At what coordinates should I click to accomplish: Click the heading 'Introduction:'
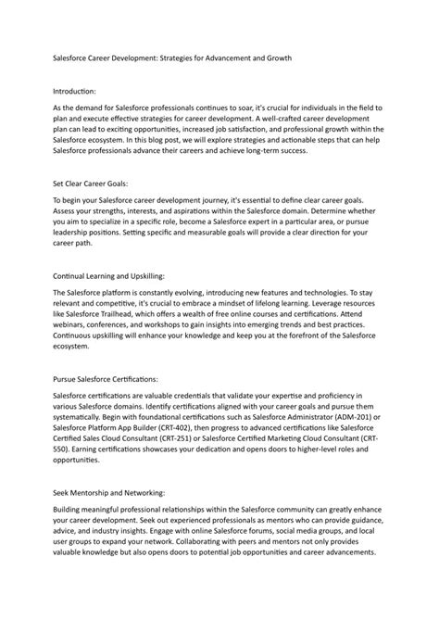[74, 92]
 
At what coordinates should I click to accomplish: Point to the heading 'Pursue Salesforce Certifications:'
[107, 380]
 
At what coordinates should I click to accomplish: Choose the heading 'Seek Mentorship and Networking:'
[107, 496]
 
